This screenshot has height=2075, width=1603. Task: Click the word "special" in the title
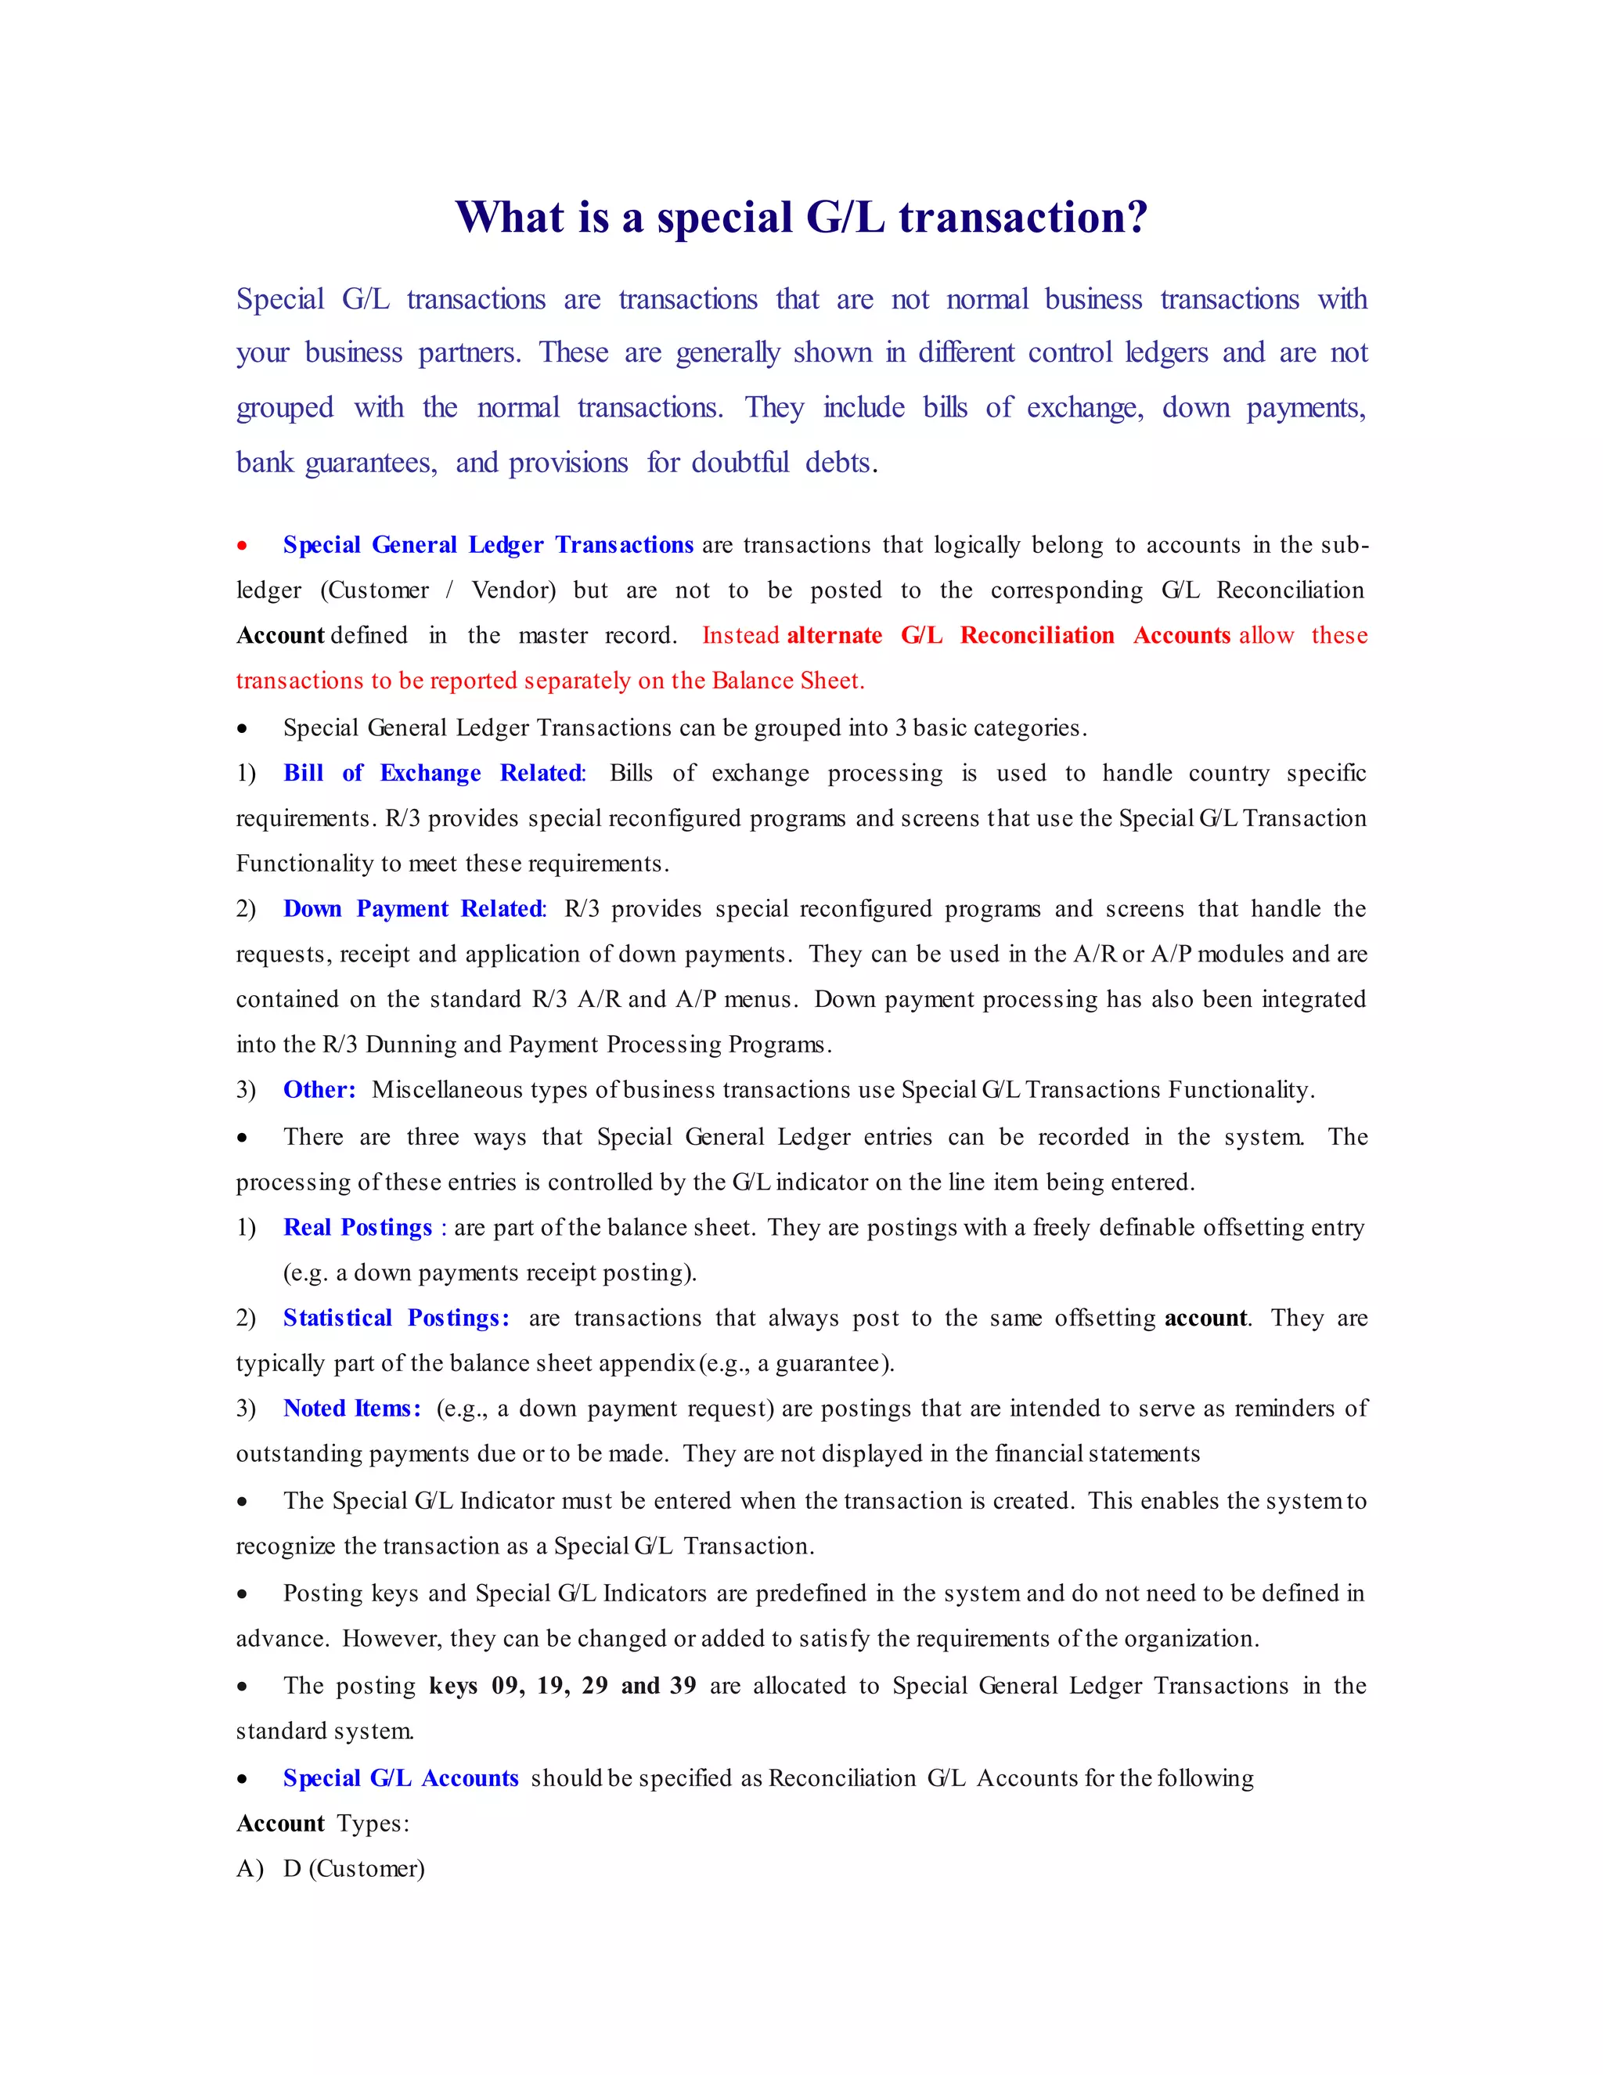coord(724,218)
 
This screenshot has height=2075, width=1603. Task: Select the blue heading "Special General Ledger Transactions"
coord(488,545)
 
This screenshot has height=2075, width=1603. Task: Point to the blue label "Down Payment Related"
coord(413,909)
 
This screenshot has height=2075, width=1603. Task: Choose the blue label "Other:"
coord(319,1090)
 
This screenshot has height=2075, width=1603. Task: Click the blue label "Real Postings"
coord(358,1228)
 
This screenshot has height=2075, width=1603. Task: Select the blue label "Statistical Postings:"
coord(396,1319)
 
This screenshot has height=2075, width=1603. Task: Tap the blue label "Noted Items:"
coord(351,1409)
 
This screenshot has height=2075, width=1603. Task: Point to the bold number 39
coord(683,1687)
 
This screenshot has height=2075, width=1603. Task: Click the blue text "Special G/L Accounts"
coord(401,1778)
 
